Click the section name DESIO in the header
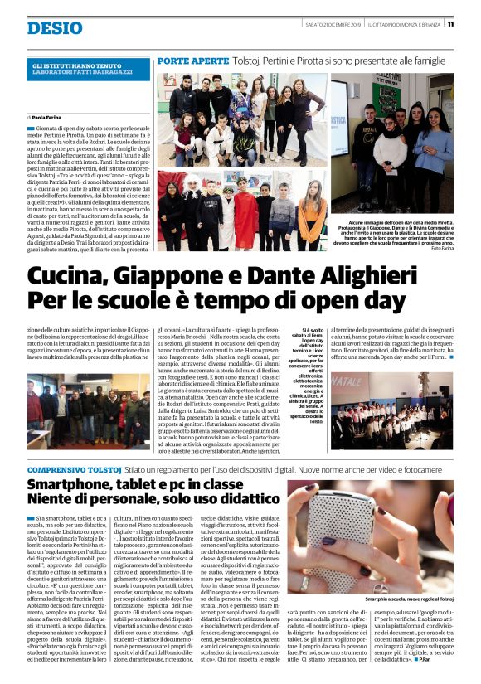54,28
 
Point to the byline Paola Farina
51,118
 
